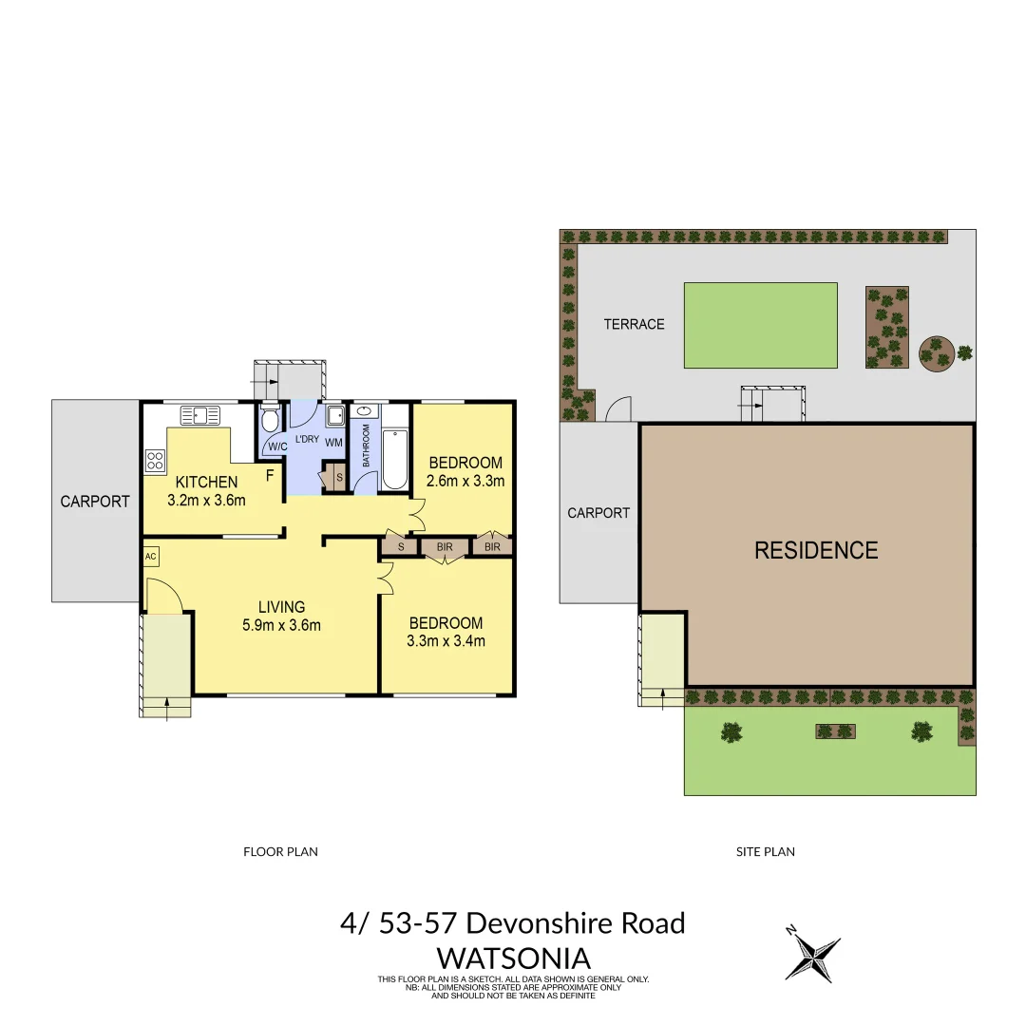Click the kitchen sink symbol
(x=199, y=414)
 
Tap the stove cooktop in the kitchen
(x=155, y=461)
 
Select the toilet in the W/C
(x=270, y=419)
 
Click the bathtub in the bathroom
(x=394, y=460)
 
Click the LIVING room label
(x=282, y=606)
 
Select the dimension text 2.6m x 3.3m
(x=465, y=481)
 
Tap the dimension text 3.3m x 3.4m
(x=446, y=640)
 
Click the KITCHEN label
(x=206, y=483)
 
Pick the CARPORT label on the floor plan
(x=95, y=501)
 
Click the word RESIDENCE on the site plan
(x=816, y=550)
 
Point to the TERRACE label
(x=634, y=324)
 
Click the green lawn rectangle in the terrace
(x=760, y=325)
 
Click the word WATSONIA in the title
(x=513, y=957)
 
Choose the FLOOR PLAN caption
(x=280, y=852)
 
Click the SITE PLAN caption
(x=765, y=852)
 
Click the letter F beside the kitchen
(x=271, y=474)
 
